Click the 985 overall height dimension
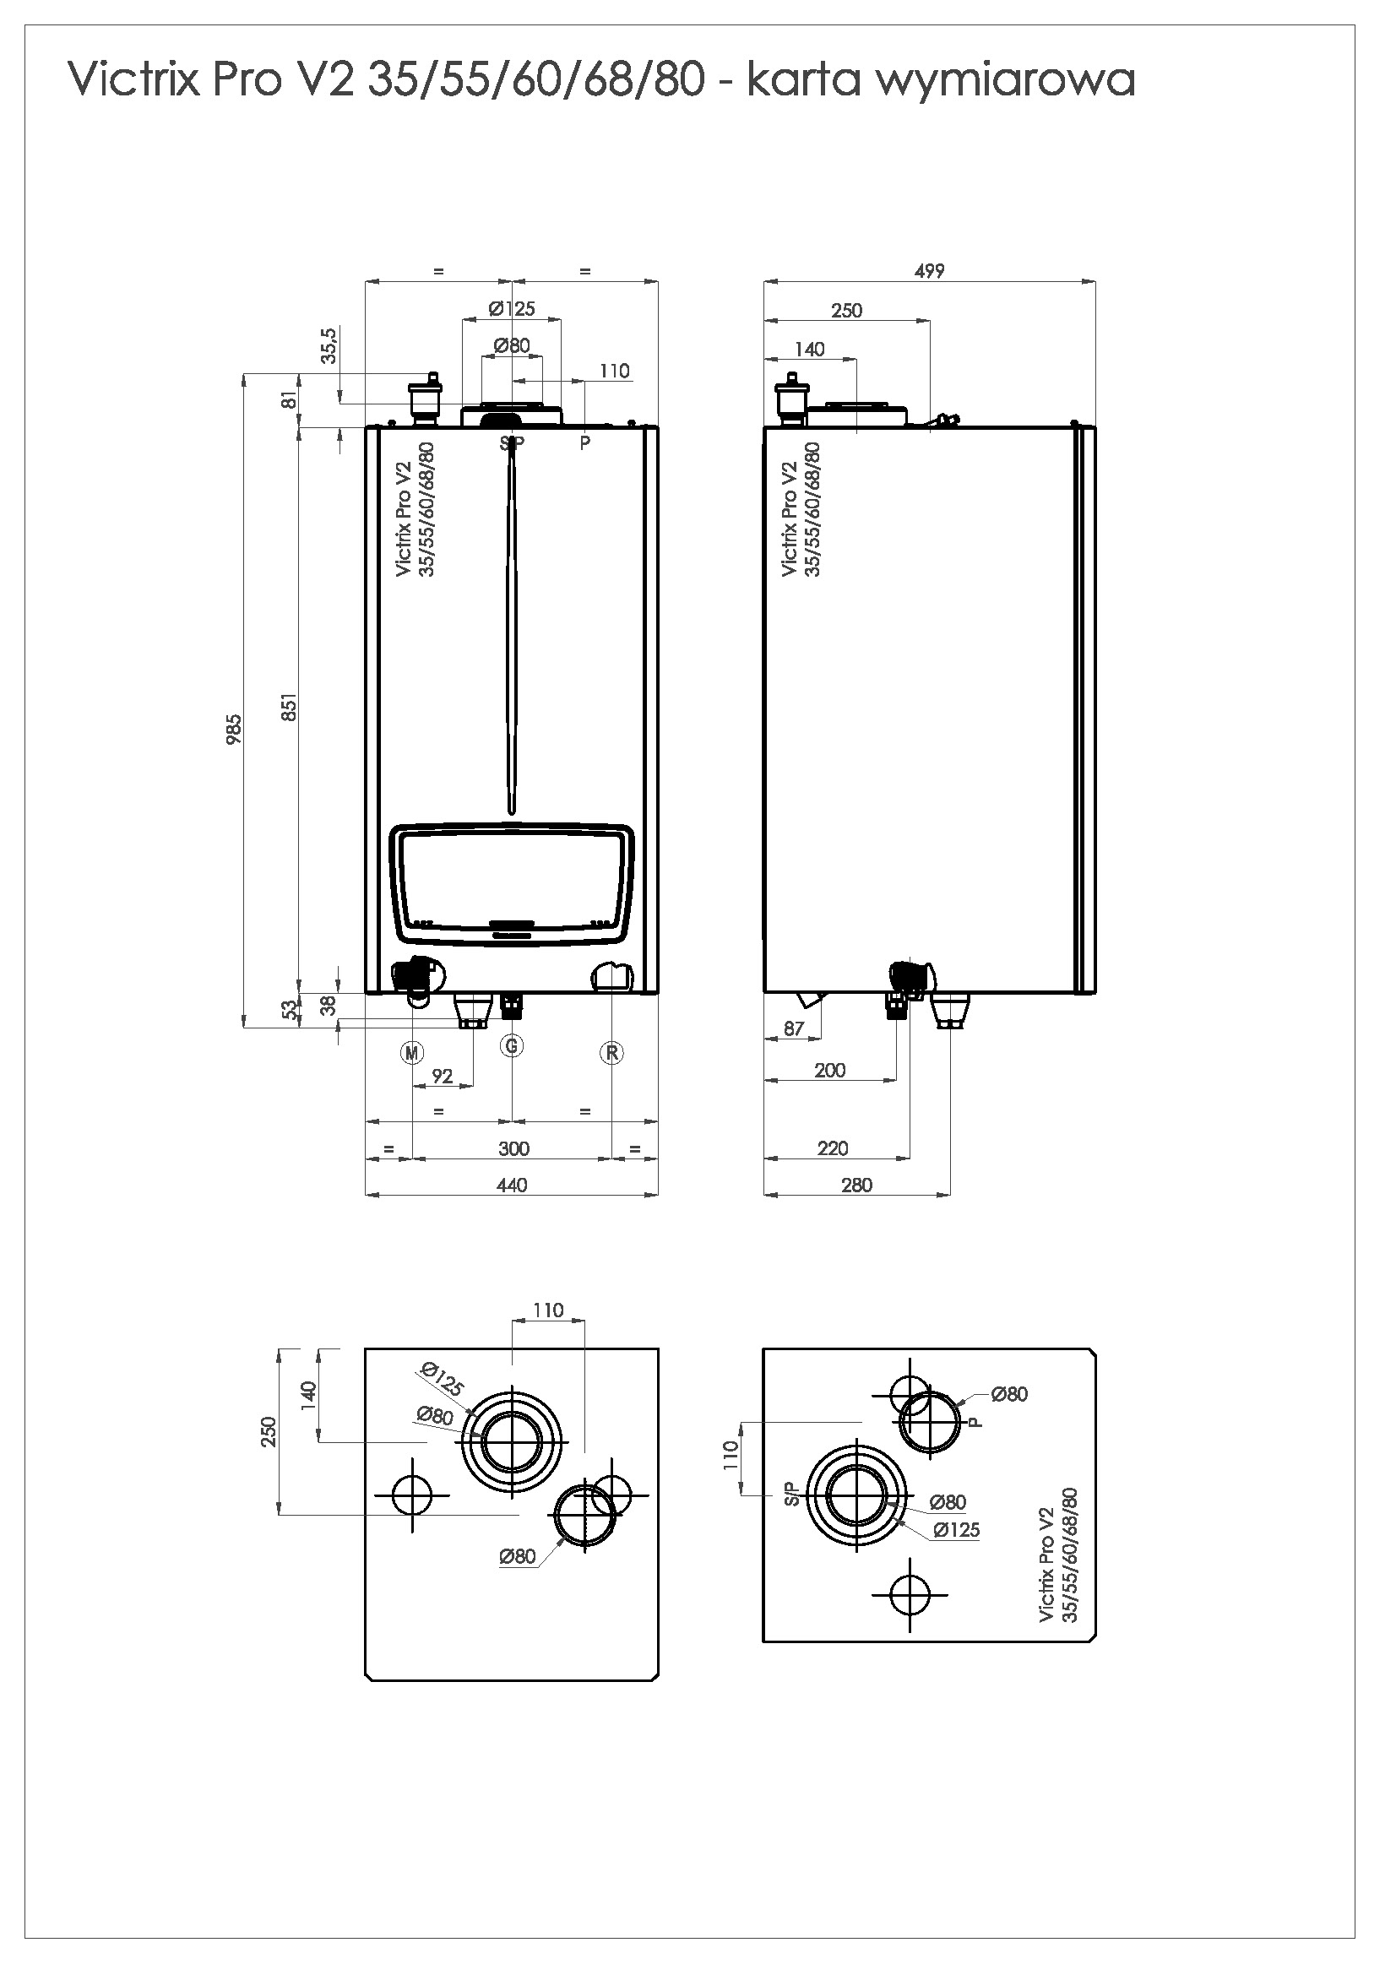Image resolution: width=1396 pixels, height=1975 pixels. pos(234,730)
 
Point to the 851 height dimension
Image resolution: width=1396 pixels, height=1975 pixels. pos(290,707)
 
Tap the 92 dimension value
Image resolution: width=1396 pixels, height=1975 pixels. pos(443,1076)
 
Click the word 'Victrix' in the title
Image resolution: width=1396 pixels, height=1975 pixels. pos(133,81)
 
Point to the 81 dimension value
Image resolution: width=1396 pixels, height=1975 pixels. pos(290,400)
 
